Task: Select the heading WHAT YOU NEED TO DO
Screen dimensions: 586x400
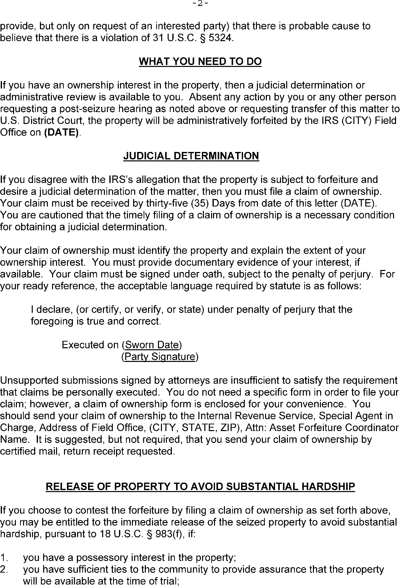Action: (200, 61)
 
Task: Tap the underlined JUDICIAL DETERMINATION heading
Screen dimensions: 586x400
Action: (191, 156)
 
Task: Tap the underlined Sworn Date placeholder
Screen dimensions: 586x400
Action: (152, 345)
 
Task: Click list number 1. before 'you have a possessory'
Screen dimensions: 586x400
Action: (4, 557)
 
